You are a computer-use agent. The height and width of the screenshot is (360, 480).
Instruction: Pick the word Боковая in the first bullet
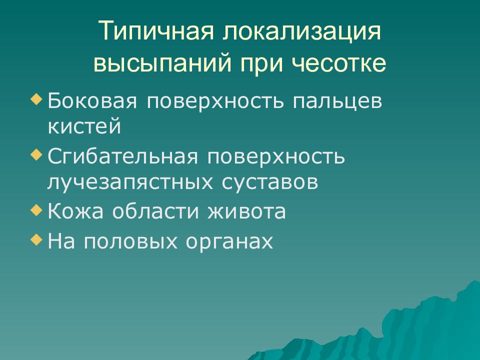(92, 101)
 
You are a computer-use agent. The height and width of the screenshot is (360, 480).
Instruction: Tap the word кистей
(84, 125)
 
